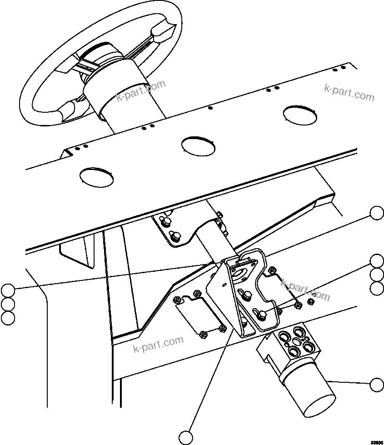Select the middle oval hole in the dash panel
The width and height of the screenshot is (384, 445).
click(198, 145)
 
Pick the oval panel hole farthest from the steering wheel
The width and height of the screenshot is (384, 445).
click(300, 114)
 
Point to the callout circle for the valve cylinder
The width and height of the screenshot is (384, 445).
click(377, 385)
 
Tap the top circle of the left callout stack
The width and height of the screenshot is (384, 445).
click(7, 290)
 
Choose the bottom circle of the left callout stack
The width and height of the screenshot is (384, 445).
click(7, 318)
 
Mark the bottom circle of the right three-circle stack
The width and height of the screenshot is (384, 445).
click(377, 288)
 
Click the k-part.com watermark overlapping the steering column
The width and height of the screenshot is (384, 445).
click(141, 90)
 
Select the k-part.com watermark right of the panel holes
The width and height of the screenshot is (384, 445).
click(349, 93)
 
